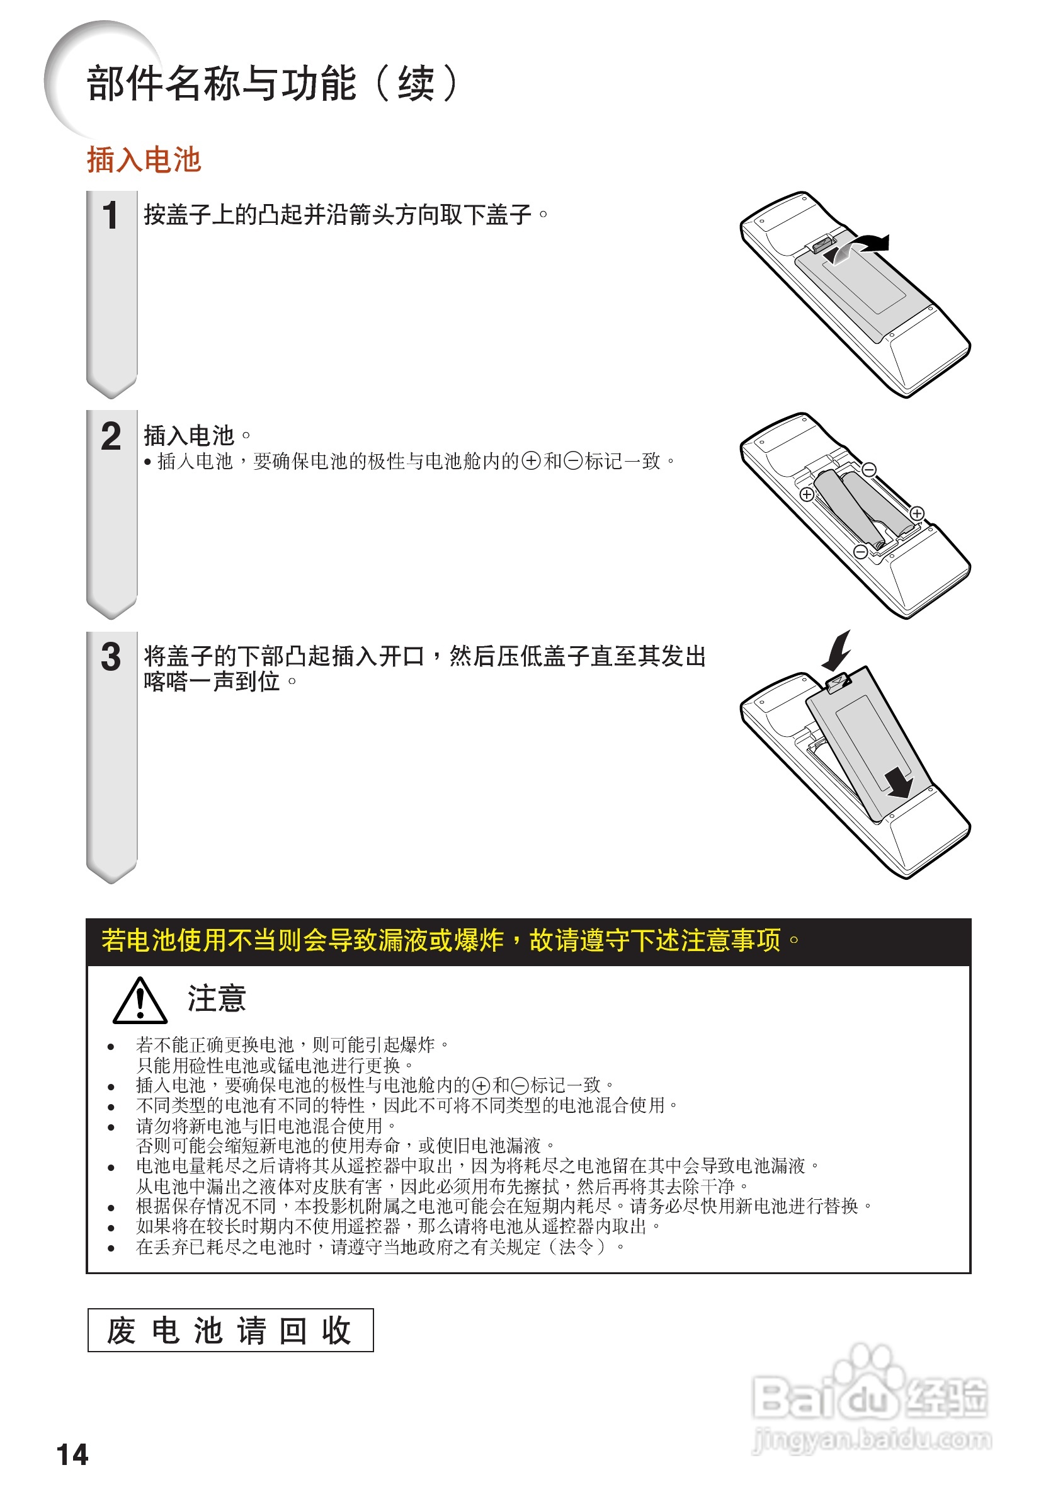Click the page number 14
(x=72, y=1455)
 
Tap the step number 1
(x=110, y=215)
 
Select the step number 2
(x=110, y=435)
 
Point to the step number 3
(x=110, y=656)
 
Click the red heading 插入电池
(x=144, y=160)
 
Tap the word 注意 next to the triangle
(x=217, y=999)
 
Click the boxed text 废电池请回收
(x=230, y=1330)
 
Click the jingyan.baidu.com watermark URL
(x=872, y=1439)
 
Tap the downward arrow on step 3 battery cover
(x=899, y=782)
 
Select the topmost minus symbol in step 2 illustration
(x=868, y=469)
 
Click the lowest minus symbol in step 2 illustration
(x=860, y=552)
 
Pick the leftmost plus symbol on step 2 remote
(x=807, y=494)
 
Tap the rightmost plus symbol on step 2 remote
(x=917, y=513)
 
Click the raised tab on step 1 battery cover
(x=824, y=244)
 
